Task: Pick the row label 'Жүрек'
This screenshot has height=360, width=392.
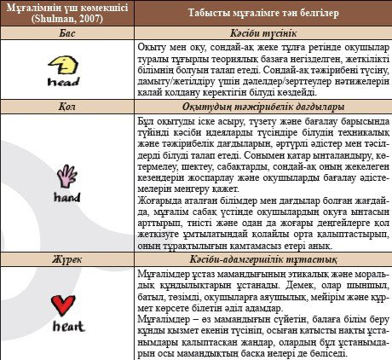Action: (67, 256)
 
